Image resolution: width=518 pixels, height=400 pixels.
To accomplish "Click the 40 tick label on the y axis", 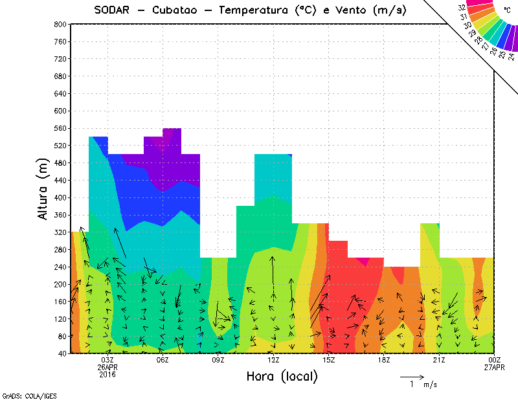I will (x=62, y=354).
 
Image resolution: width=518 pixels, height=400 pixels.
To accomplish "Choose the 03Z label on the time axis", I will (x=108, y=360).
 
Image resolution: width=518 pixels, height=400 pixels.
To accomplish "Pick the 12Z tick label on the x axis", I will (x=273, y=360).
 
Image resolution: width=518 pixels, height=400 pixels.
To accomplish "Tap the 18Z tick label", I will (x=383, y=360).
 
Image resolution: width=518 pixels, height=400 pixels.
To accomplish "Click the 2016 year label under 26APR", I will (x=108, y=374).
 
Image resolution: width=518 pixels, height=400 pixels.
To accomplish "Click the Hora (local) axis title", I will (x=282, y=377).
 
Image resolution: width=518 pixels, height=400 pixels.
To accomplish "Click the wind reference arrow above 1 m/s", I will (x=412, y=376).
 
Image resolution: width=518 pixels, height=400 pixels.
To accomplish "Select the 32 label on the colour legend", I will (x=462, y=7).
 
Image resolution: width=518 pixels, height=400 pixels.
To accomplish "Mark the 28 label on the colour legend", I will (x=479, y=39).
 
